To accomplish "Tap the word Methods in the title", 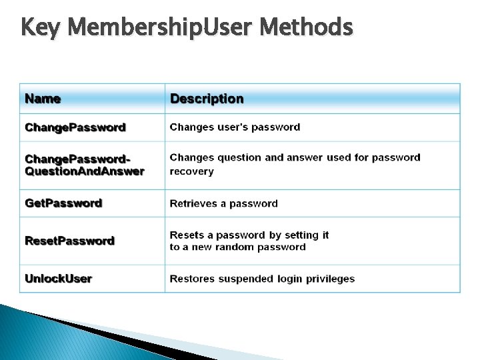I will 306,28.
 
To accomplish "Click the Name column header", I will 43,99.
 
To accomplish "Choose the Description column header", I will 207,99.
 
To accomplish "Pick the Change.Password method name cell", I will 75,127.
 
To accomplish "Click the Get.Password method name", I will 63,203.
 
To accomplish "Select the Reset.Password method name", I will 69,241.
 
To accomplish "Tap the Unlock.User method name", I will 58,279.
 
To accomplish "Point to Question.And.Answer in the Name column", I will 85,171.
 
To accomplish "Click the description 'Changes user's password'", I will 235,127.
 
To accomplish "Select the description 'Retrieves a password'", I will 223,203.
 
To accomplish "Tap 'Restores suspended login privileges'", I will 262,279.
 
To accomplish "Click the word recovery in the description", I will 191,171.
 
